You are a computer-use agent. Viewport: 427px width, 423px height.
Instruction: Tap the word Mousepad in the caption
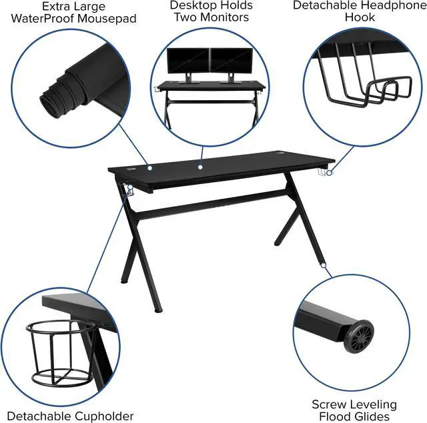click(x=103, y=19)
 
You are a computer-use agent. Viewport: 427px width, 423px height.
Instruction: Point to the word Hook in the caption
click(x=360, y=17)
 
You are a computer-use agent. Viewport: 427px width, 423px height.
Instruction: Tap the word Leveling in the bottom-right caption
click(x=370, y=405)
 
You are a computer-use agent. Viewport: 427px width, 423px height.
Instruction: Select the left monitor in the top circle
click(x=187, y=61)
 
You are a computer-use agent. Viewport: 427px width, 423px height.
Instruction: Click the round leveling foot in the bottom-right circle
click(x=359, y=338)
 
